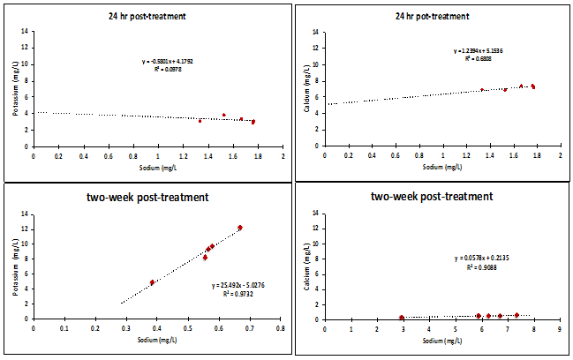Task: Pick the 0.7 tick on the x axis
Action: pos(249,327)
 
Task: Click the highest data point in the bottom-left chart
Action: pos(240,228)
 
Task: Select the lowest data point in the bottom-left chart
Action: pos(152,282)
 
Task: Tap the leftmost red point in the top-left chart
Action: pos(200,120)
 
